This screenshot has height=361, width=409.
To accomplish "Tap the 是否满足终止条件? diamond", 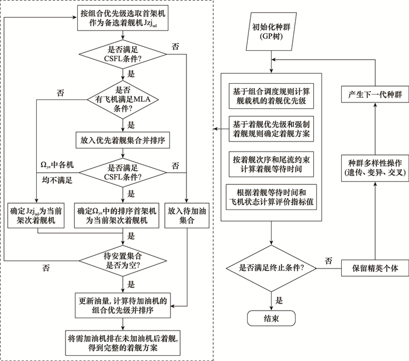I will pyautogui.click(x=271, y=269).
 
